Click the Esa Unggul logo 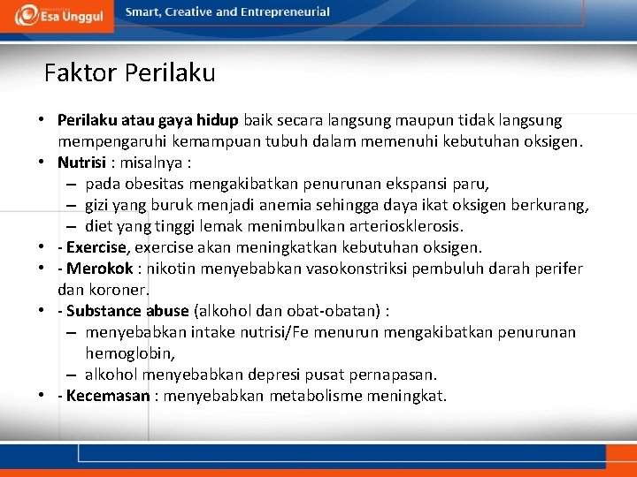[58, 14]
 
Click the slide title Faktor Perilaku [130, 72]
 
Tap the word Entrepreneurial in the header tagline [285, 12]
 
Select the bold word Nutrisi [81, 163]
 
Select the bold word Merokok [99, 269]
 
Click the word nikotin [172, 269]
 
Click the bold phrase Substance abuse [127, 311]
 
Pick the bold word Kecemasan [108, 396]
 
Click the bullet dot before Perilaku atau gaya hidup [42, 119]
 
